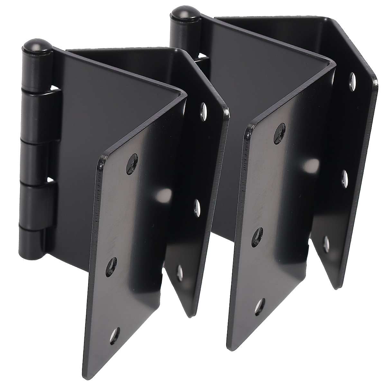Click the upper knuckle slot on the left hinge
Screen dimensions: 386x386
tap(55, 89)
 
